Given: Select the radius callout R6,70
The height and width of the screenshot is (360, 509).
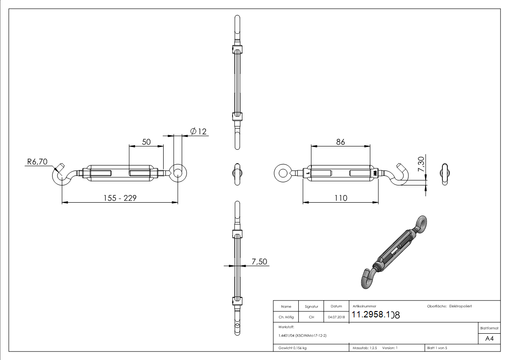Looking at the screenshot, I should tap(37, 161).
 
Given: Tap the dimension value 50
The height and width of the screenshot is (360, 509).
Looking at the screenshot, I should tap(146, 141).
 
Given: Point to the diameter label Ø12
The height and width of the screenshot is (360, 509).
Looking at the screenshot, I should tap(198, 131).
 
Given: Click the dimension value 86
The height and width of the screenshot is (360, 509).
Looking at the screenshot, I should tap(340, 141).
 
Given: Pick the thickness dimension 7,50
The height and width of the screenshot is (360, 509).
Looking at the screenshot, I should tap(259, 261).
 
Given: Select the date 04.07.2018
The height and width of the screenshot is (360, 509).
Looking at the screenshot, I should tap(336, 317).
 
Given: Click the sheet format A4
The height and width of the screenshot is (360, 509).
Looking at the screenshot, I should tap(489, 338).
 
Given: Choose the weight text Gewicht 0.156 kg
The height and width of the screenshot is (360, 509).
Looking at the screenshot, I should tap(292, 348).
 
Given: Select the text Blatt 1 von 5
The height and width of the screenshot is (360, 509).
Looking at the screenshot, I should tap(437, 348).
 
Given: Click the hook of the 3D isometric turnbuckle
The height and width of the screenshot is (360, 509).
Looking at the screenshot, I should tap(366, 277).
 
